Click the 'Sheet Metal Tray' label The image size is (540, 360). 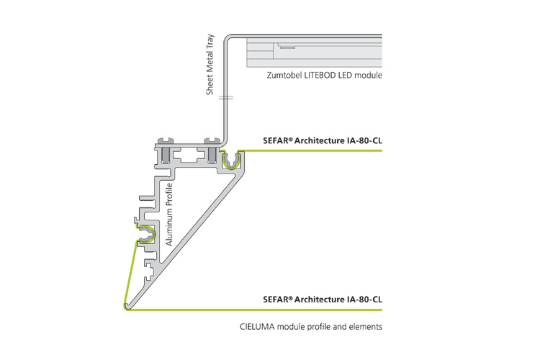point(210,64)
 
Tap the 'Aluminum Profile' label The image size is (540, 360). point(169,215)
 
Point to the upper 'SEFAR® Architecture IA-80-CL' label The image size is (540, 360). point(323,140)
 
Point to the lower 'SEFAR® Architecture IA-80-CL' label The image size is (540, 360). point(323,299)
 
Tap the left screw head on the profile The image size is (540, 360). point(165,141)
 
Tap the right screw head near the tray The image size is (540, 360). point(212,141)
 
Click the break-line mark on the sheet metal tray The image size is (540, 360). point(226,97)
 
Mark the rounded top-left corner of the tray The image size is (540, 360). point(227,37)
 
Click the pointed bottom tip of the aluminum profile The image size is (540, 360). point(127,307)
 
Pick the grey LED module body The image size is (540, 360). point(315,53)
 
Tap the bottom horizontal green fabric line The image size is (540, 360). point(255,310)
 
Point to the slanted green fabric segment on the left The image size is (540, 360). point(130,274)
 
